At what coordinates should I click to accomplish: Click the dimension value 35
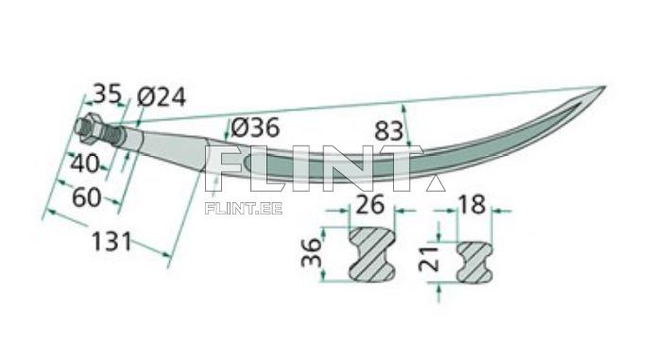tap(107, 94)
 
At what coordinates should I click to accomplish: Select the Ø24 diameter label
tap(162, 97)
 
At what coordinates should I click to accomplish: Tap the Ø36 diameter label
tap(255, 128)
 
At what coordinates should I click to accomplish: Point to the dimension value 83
tap(388, 131)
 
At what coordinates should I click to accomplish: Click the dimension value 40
tap(85, 163)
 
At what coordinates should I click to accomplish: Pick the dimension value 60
tap(87, 197)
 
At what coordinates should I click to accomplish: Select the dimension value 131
tap(111, 241)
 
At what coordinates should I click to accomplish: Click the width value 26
tap(370, 205)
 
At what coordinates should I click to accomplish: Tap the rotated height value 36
tap(312, 252)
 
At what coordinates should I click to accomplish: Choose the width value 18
tap(471, 204)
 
